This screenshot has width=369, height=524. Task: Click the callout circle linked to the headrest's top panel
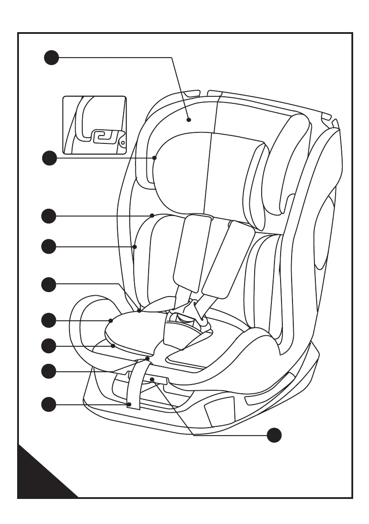(51, 58)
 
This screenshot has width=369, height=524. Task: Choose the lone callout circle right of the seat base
(274, 435)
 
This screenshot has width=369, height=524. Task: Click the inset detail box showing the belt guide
(95, 125)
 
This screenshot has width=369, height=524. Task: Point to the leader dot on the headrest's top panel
(189, 119)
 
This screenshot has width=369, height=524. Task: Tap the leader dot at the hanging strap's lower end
(130, 404)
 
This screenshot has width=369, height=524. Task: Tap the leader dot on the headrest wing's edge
(155, 158)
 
